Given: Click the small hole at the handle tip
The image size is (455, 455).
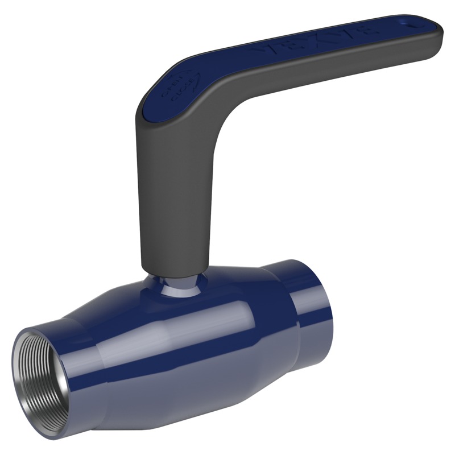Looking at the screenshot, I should click(x=411, y=23).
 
